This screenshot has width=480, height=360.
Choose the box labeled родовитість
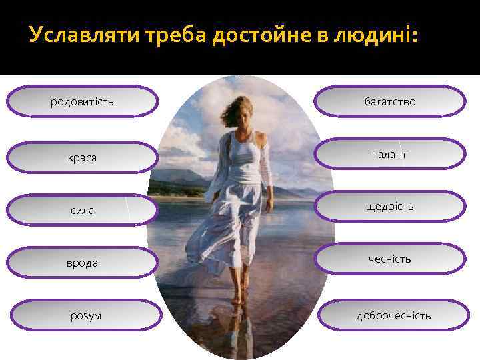pyautogui.click(x=82, y=102)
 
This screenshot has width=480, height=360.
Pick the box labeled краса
pyautogui.click(x=82, y=157)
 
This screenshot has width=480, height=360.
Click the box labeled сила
pyautogui.click(x=82, y=210)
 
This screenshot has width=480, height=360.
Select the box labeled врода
pyautogui.click(x=82, y=263)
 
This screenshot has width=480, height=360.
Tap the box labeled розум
pyautogui.click(x=86, y=315)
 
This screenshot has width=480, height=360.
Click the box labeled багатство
pyautogui.click(x=390, y=102)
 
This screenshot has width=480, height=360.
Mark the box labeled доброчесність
pyautogui.click(x=393, y=315)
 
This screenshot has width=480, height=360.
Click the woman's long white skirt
pyautogui.click(x=237, y=220)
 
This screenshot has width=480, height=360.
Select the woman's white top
pyautogui.click(x=243, y=160)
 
